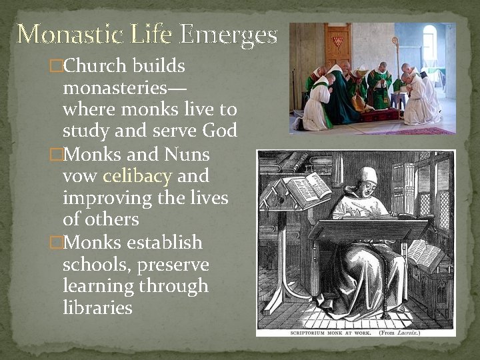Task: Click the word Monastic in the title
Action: [x=61, y=34]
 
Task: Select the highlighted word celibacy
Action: [x=137, y=177]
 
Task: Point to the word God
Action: [x=219, y=131]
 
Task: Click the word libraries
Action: [x=97, y=307]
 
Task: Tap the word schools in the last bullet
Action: [x=95, y=265]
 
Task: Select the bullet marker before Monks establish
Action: [x=57, y=242]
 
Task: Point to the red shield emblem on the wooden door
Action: [x=338, y=41]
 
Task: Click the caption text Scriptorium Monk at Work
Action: [x=317, y=331]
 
